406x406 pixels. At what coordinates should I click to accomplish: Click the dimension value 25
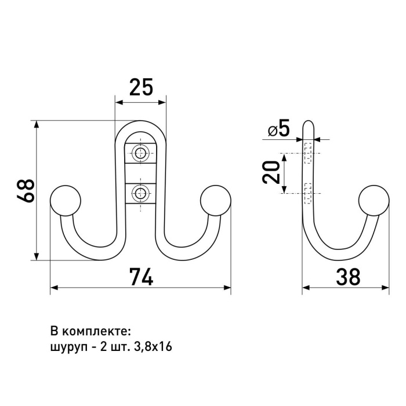tap(141, 87)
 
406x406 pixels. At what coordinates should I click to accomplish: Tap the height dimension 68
tap(26, 191)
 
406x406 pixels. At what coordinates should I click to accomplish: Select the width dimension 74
tap(141, 277)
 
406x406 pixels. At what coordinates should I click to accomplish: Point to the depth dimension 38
tap(348, 277)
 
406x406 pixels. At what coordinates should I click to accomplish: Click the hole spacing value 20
tap(271, 172)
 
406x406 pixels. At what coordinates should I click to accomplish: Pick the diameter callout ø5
tap(278, 128)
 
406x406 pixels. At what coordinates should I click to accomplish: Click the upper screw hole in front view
tap(140, 153)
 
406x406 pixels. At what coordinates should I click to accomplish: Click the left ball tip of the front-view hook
tap(65, 201)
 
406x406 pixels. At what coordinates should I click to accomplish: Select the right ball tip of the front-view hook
tap(215, 201)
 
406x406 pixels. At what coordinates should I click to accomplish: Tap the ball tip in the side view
tap(374, 201)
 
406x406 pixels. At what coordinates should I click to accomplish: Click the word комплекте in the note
tap(97, 332)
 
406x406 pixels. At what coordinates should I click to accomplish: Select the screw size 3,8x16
tap(153, 347)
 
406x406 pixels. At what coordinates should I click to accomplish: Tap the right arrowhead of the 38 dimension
tap(386, 288)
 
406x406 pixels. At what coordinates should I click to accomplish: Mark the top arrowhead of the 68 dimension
tap(37, 124)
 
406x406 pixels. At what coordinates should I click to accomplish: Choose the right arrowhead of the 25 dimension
tap(162, 102)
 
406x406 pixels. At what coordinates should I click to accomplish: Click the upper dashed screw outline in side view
tap(308, 153)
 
